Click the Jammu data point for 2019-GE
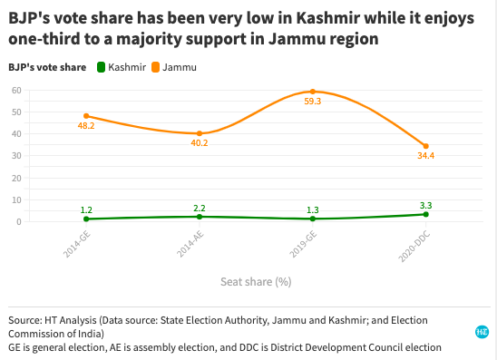(x=312, y=92)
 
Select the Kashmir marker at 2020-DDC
(x=425, y=214)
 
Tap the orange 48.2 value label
(x=86, y=128)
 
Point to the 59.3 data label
(x=312, y=103)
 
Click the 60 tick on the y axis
(x=16, y=90)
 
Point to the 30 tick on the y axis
(x=16, y=156)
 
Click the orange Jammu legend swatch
(x=156, y=67)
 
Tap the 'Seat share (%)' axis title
(x=256, y=281)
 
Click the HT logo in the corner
(x=482, y=333)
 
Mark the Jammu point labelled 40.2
(x=200, y=133)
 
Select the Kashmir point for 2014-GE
(x=86, y=219)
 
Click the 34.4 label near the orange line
(x=425, y=158)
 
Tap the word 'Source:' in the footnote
(x=24, y=320)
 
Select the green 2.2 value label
(x=200, y=208)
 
